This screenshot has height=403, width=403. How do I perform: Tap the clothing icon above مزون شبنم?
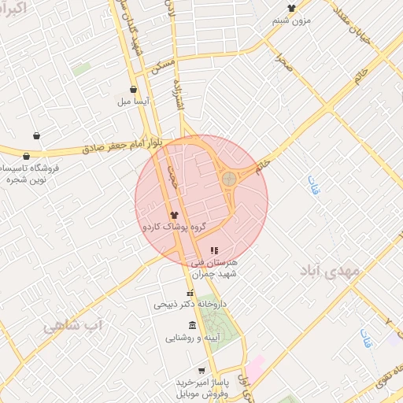pos(291,8)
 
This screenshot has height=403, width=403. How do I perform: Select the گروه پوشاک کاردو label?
pos(173,227)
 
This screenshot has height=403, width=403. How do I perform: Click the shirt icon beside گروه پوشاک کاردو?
pos(174,214)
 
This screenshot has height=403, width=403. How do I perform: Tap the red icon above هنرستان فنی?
pos(214,250)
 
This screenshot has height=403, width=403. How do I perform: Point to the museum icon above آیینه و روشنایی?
pos(193,326)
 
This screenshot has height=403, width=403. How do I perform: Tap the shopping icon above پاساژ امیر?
pos(202,370)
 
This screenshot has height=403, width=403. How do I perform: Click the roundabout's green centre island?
pos(228,179)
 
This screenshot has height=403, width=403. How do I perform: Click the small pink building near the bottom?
pos(257,364)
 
